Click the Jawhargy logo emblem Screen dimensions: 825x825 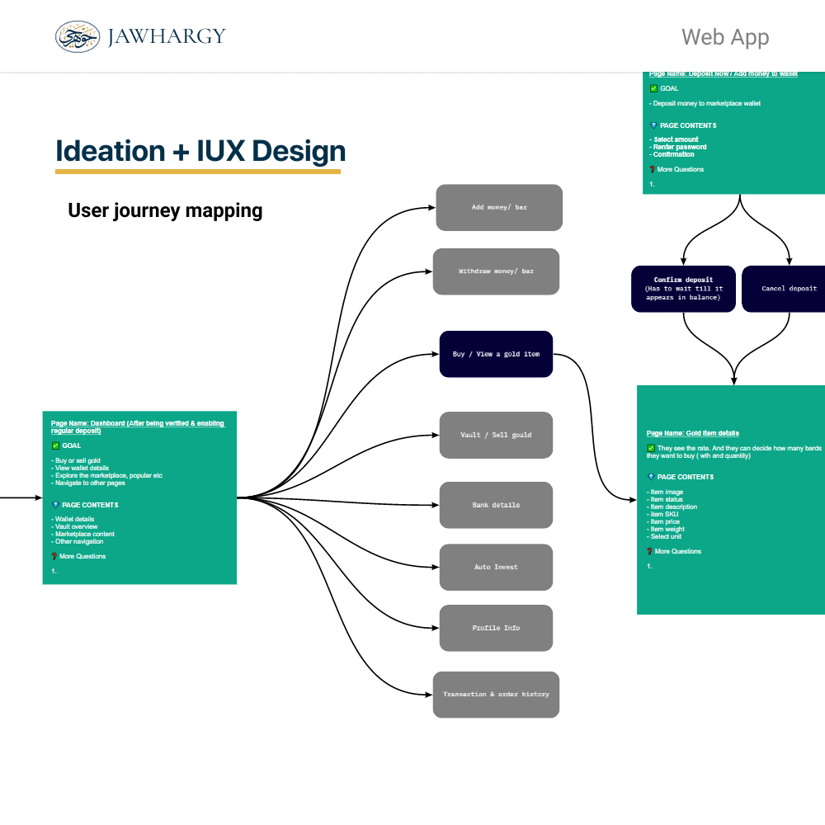(78, 36)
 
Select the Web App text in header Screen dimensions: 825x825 (725, 37)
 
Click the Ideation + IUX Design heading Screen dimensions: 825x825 (200, 151)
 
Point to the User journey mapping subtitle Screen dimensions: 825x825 (165, 210)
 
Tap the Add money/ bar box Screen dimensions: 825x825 (499, 207)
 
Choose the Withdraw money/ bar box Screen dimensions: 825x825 (496, 271)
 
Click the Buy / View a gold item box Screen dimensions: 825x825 (496, 354)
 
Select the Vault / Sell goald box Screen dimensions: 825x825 (496, 435)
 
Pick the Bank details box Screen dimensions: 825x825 (496, 505)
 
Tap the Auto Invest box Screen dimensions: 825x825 (496, 567)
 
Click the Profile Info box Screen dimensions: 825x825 (496, 628)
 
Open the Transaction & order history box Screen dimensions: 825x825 (496, 695)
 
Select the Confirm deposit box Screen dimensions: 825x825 (682, 289)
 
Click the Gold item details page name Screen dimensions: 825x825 (692, 433)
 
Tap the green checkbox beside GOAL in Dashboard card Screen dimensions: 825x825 (55, 445)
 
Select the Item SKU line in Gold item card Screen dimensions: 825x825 (664, 514)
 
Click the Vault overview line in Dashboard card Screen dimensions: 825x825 (77, 526)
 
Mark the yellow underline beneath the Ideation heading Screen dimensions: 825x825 (198, 172)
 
